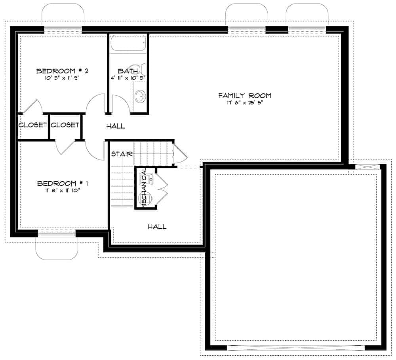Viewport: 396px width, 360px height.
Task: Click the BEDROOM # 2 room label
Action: pyautogui.click(x=62, y=71)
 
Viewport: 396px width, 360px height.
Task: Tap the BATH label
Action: pyautogui.click(x=128, y=71)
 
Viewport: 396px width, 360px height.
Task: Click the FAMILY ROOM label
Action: pyautogui.click(x=245, y=95)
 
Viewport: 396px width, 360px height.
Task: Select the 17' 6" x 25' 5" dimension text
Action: pyautogui.click(x=245, y=102)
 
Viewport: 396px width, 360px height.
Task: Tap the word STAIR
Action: pyautogui.click(x=122, y=153)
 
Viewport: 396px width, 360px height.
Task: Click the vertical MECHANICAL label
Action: pyautogui.click(x=145, y=187)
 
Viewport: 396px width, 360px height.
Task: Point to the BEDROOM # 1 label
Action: pyautogui.click(x=62, y=184)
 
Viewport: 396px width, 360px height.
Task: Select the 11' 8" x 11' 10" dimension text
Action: pyautogui.click(x=62, y=190)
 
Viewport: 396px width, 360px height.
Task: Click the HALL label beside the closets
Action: pyautogui.click(x=116, y=126)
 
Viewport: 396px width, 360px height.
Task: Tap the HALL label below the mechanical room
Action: pyautogui.click(x=157, y=227)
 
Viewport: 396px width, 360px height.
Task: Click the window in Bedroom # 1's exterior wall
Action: pyautogui.click(x=57, y=234)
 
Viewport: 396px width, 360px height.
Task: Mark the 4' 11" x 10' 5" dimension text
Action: pyautogui.click(x=128, y=78)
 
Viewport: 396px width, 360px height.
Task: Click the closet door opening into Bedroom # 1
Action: pyautogui.click(x=65, y=147)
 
